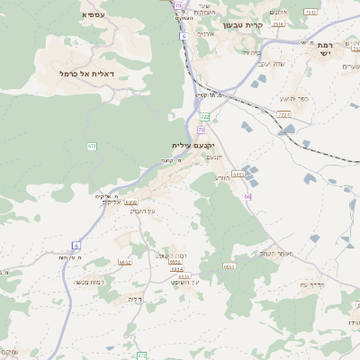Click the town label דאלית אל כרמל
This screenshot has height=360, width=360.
[x=94, y=73]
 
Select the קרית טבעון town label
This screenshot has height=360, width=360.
[x=267, y=25]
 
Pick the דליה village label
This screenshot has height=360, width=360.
[x=136, y=298]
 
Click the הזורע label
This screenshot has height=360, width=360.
[x=221, y=177]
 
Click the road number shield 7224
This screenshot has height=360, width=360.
[x=284, y=115]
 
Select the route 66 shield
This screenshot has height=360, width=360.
[x=247, y=195]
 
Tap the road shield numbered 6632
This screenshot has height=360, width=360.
[x=125, y=262]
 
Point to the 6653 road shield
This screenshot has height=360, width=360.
[x=229, y=265]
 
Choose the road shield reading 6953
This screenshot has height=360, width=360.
[x=175, y=262]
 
